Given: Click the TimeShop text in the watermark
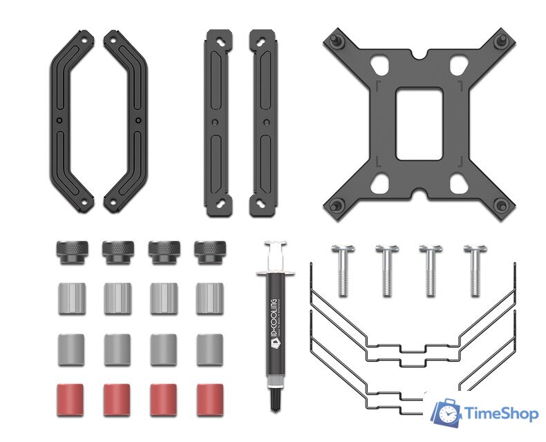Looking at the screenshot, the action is pyautogui.click(x=502, y=414).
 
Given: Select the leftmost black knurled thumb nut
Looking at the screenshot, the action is pyautogui.click(x=72, y=252).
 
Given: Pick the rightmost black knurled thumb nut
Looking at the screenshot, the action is pyautogui.click(x=210, y=252).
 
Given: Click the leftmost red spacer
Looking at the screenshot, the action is pyautogui.click(x=70, y=400).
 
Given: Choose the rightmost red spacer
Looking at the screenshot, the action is pyautogui.click(x=210, y=400).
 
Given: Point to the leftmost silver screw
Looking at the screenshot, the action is pyautogui.click(x=343, y=271).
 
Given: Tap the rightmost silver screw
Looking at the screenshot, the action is pyautogui.click(x=476, y=271).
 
